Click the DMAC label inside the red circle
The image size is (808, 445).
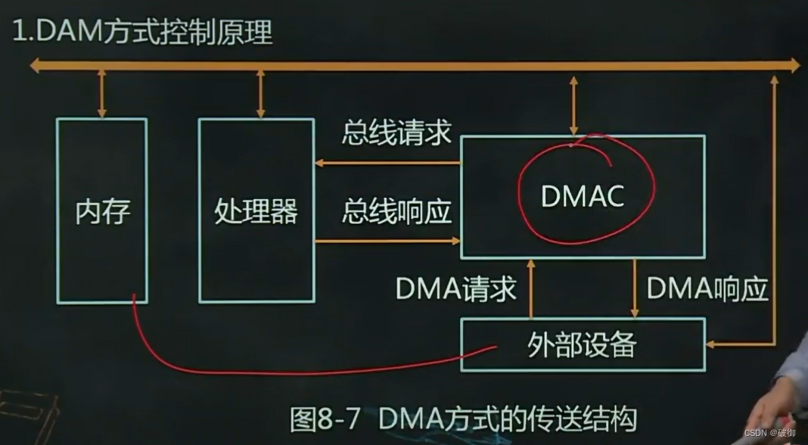pyautogui.click(x=583, y=196)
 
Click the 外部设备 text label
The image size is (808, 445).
pyautogui.click(x=582, y=345)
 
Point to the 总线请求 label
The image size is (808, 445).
pyautogui.click(x=396, y=134)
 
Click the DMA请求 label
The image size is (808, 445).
pyautogui.click(x=455, y=288)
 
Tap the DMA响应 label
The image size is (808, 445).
pyautogui.click(x=707, y=288)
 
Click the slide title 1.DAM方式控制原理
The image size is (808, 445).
pyautogui.click(x=141, y=33)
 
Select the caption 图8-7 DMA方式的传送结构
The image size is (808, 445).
pyautogui.click(x=463, y=418)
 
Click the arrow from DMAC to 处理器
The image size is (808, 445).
pyautogui.click(x=387, y=163)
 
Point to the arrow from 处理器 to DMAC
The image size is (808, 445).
pyautogui.click(x=387, y=241)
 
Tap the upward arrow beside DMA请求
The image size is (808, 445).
pyautogui.click(x=531, y=288)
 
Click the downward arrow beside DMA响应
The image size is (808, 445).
pyautogui.click(x=635, y=288)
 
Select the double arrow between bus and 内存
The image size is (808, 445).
pyautogui.click(x=101, y=94)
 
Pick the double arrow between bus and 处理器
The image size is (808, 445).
pyautogui.click(x=260, y=94)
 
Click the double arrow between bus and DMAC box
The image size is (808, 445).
pyautogui.click(x=573, y=104)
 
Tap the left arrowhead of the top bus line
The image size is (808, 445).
pyautogui.click(x=35, y=66)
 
